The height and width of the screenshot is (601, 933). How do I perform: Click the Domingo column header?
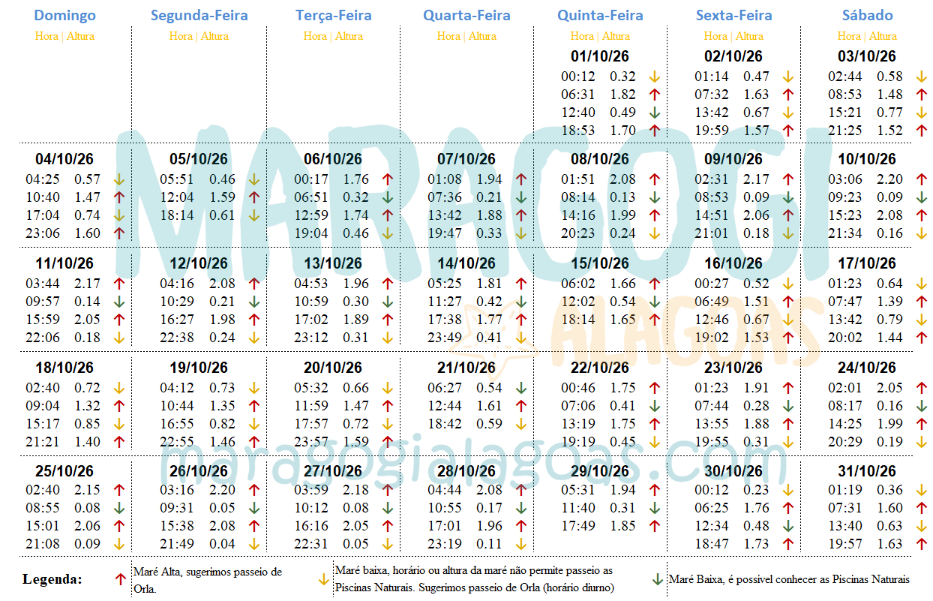pyautogui.click(x=65, y=15)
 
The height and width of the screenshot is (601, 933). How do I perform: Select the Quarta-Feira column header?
pyautogui.click(x=466, y=15)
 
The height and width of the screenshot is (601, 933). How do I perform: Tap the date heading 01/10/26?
pyautogui.click(x=599, y=56)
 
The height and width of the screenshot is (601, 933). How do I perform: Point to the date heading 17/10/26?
pyautogui.click(x=867, y=263)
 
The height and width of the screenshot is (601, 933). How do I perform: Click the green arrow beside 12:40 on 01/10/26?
pyautogui.click(x=654, y=113)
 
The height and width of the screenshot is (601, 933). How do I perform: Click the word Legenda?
pyautogui.click(x=52, y=579)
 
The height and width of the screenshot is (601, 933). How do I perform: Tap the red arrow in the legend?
pyautogui.click(x=120, y=579)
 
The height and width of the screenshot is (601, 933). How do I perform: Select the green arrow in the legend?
pyautogui.click(x=657, y=579)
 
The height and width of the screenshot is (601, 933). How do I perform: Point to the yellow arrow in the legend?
pyautogui.click(x=323, y=579)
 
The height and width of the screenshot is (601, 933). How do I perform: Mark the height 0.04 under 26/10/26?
pyautogui.click(x=221, y=544)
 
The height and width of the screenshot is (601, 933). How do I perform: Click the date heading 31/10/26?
pyautogui.click(x=867, y=472)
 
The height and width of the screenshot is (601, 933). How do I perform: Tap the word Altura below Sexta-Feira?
pyautogui.click(x=749, y=36)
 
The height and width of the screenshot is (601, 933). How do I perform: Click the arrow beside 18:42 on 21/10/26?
pyautogui.click(x=520, y=424)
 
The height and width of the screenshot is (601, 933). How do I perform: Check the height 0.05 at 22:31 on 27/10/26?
pyautogui.click(x=355, y=544)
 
